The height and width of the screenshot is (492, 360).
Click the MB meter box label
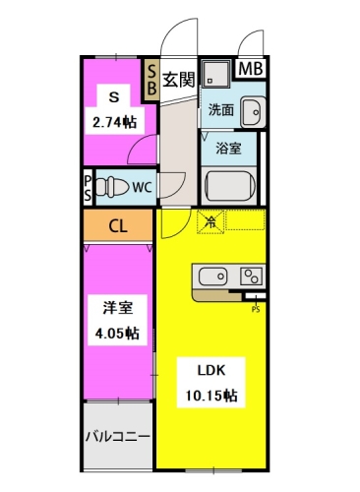pos(251,69)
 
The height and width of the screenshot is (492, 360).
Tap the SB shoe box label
pos(151,79)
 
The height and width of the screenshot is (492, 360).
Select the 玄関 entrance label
pos(179,79)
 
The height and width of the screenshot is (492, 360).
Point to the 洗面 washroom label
pos(220,111)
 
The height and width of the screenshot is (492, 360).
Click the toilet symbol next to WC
pos(113,185)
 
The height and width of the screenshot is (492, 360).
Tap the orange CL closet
pos(117,226)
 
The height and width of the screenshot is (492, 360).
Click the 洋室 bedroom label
pos(116,308)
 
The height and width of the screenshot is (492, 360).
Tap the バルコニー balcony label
pos(116,434)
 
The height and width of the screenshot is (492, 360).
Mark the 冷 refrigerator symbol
pos(210,222)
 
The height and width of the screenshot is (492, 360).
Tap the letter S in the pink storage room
pos(113,97)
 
